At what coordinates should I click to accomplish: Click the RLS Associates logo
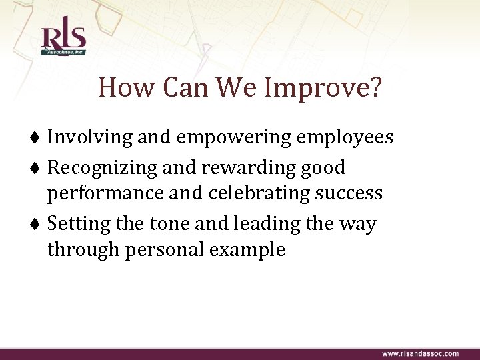[63, 41]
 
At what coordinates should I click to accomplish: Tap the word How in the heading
[121, 88]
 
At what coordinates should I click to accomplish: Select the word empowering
[235, 138]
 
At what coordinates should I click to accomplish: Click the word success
[349, 194]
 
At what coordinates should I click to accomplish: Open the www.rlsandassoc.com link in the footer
[419, 353]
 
